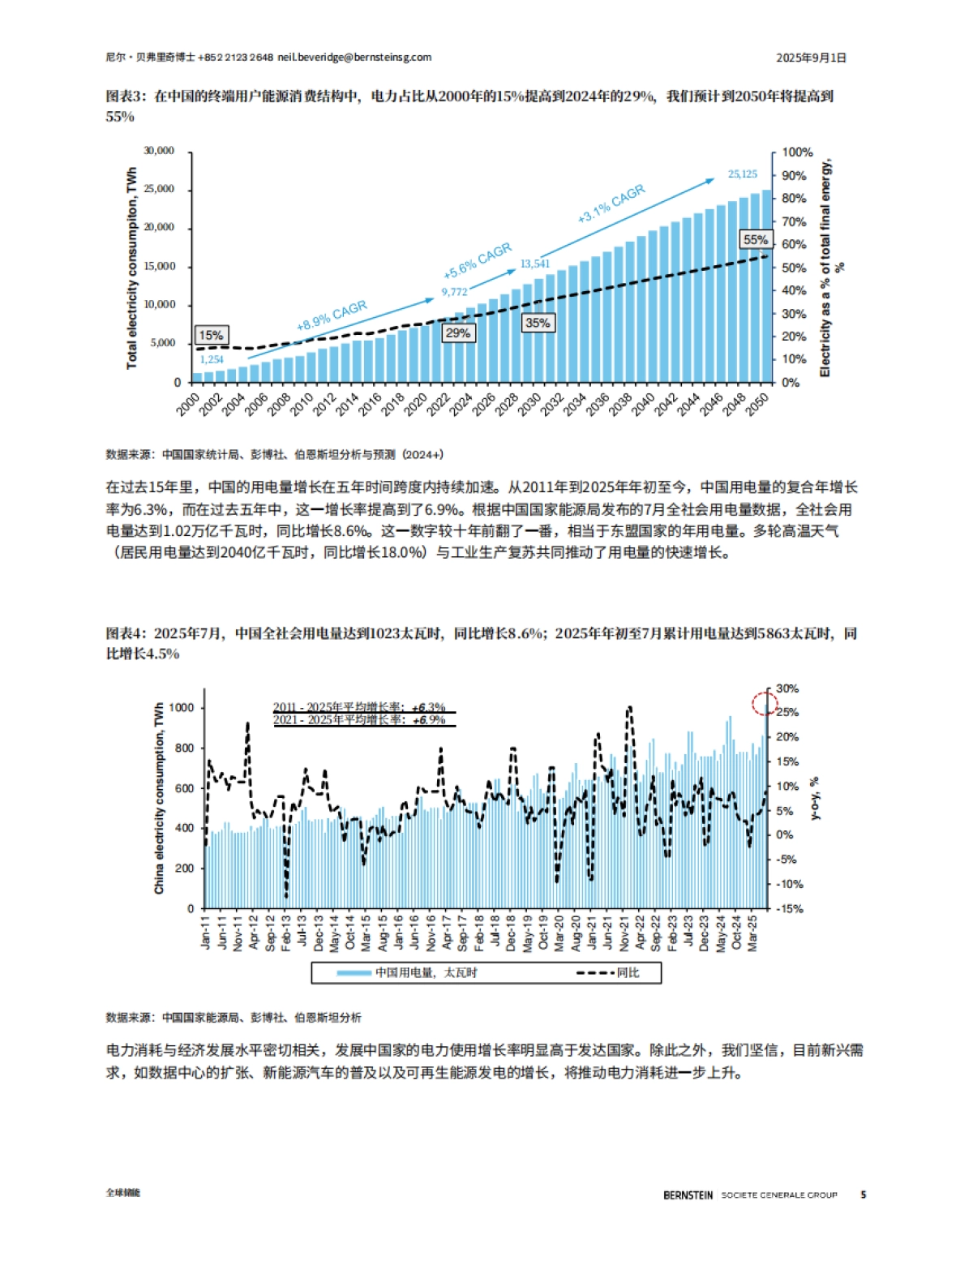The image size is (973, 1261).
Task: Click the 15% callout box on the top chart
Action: click(x=211, y=335)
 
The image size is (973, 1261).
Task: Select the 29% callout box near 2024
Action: click(x=457, y=332)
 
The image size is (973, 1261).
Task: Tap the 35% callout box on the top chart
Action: click(x=538, y=322)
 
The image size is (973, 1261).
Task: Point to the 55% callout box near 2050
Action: click(x=756, y=239)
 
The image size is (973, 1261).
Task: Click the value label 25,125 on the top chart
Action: click(x=742, y=174)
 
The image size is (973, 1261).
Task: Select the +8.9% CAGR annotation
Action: click(x=332, y=315)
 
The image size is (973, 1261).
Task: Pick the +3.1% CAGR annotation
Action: click(x=611, y=203)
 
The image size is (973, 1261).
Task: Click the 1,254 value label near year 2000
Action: click(x=211, y=359)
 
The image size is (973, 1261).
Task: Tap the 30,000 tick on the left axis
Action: click(x=159, y=151)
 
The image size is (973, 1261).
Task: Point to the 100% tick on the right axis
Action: click(x=797, y=152)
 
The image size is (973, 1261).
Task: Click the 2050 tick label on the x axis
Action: click(x=757, y=405)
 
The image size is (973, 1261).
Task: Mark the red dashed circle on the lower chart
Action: click(x=764, y=703)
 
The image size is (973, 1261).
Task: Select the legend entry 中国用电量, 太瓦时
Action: click(x=409, y=972)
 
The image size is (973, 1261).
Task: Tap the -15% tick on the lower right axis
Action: click(x=789, y=908)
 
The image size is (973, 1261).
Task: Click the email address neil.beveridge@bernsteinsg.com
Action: click(x=354, y=58)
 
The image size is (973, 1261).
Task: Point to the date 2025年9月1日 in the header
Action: click(x=811, y=58)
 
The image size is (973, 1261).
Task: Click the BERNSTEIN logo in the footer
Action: click(x=688, y=1195)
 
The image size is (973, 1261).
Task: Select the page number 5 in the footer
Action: click(x=864, y=1195)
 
